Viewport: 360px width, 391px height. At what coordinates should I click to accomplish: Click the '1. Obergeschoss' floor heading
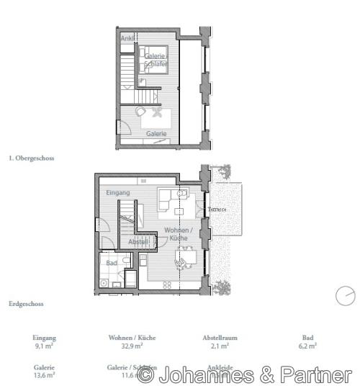pyautogui.click(x=31, y=157)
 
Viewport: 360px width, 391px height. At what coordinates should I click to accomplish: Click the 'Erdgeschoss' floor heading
pyautogui.click(x=26, y=304)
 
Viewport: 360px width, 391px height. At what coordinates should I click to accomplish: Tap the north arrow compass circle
pyautogui.click(x=346, y=295)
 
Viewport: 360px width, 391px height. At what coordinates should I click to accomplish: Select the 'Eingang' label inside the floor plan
pyautogui.click(x=117, y=193)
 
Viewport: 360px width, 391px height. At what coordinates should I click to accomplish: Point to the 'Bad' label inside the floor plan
pyautogui.click(x=111, y=264)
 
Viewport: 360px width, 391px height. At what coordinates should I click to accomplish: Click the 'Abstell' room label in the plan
pyautogui.click(x=138, y=241)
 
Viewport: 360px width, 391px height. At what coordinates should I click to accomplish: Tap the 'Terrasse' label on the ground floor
pyautogui.click(x=217, y=210)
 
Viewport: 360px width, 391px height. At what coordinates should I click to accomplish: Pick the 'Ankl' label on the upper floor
pyautogui.click(x=127, y=37)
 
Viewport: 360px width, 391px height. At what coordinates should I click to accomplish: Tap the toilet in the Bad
pyautogui.click(x=105, y=283)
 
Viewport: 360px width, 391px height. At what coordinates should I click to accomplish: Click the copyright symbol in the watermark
pyautogui.click(x=146, y=374)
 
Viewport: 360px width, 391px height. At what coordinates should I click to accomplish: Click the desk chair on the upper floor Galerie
pyautogui.click(x=140, y=112)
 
